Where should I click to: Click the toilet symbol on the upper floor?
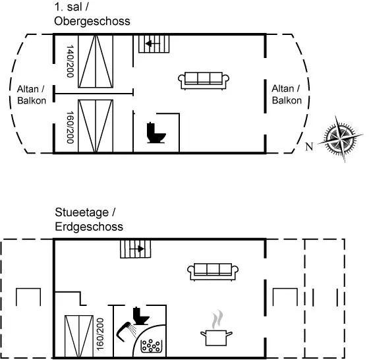[156, 133]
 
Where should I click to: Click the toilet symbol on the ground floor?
[141, 316]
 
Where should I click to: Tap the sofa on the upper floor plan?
[204, 80]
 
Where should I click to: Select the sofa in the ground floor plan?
[213, 272]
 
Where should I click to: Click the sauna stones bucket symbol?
[152, 346]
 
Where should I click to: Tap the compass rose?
[341, 138]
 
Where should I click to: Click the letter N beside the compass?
[310, 146]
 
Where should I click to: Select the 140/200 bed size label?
[70, 61]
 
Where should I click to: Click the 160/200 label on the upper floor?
[70, 127]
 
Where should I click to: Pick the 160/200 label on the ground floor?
[100, 334]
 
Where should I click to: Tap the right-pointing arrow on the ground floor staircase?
[137, 249]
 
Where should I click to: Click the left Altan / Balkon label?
[32, 95]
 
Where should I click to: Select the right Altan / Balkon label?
[287, 95]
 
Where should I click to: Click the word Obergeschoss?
[92, 21]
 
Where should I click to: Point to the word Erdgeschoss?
[89, 227]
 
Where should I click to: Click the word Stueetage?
[82, 212]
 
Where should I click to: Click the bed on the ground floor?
[79, 336]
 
